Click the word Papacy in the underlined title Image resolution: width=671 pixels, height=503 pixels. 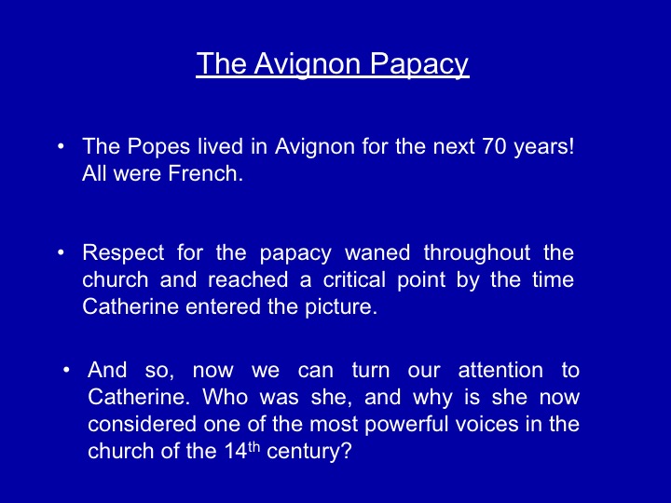pyautogui.click(x=419, y=64)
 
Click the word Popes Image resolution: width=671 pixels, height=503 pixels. pyautogui.click(x=158, y=147)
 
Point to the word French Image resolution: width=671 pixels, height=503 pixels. pyautogui.click(x=205, y=173)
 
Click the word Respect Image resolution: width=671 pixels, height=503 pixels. pyautogui.click(x=123, y=252)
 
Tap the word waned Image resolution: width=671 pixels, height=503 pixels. pyautogui.click(x=377, y=252)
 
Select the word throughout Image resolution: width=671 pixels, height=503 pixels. pyautogui.click(x=477, y=252)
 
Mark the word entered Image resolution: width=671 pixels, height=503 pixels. pyautogui.click(x=223, y=306)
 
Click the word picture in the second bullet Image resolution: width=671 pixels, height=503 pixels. pyautogui.click(x=341, y=307)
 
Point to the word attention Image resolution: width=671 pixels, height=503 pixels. pyautogui.click(x=500, y=370)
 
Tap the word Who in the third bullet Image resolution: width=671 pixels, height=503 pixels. pyautogui.click(x=226, y=397)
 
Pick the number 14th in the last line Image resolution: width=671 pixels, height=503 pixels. pyautogui.click(x=241, y=451)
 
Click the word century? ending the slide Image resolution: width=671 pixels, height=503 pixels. pyautogui.click(x=309, y=452)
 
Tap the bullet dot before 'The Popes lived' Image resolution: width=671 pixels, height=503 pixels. pyautogui.click(x=61, y=146)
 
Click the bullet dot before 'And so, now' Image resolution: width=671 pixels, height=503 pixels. pyautogui.click(x=66, y=370)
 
